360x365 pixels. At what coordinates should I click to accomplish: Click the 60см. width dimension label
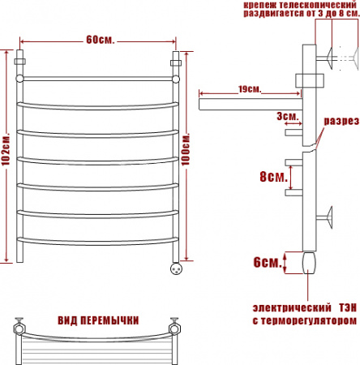click(x=101, y=40)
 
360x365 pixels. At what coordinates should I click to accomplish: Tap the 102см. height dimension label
click(x=6, y=149)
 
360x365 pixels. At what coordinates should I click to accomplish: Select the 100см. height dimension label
click(x=186, y=149)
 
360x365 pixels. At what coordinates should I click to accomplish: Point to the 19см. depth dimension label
click(x=250, y=89)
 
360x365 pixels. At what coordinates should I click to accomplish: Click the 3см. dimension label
click(x=288, y=116)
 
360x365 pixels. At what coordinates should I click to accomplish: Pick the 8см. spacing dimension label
click(x=273, y=177)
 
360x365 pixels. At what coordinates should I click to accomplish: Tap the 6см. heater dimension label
click(x=267, y=262)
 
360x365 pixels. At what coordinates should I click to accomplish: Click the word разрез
click(x=341, y=121)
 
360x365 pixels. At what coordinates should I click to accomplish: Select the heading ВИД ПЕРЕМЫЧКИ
click(x=98, y=320)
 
